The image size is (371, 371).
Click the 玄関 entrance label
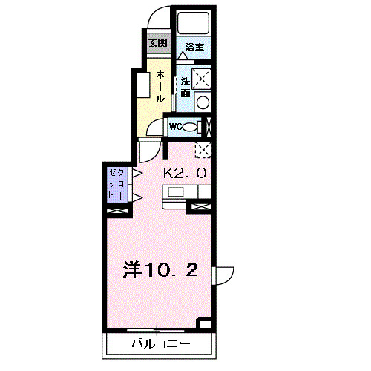(x=157, y=42)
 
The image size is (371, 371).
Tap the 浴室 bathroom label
(x=194, y=47)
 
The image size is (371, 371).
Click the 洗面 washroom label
(x=185, y=88)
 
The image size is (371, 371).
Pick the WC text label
(x=176, y=127)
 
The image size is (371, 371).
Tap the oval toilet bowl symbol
(x=190, y=127)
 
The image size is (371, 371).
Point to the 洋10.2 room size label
(x=160, y=270)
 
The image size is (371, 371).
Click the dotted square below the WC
(x=202, y=149)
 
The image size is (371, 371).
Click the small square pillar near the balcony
(x=206, y=324)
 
